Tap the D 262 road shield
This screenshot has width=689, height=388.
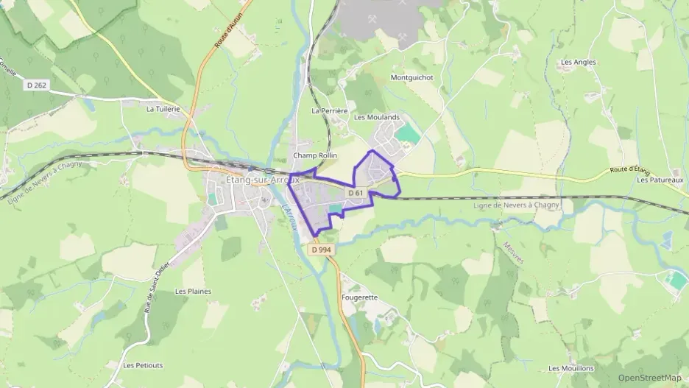37,85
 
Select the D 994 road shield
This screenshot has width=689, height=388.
322,250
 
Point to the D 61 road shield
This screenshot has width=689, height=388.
356,193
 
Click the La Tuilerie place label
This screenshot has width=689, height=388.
163,109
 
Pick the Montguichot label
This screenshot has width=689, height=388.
411,77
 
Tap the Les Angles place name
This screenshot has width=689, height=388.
578,63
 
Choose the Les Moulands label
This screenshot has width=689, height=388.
376,117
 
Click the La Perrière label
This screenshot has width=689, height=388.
329,111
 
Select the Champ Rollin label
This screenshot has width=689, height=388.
314,156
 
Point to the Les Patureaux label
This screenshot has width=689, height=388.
660,180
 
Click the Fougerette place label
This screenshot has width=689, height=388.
360,297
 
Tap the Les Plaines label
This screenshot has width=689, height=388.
193,291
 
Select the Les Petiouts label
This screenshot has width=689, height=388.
143,365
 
